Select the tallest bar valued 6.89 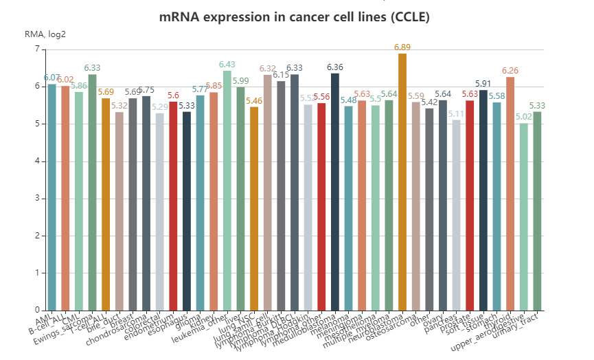point(402,182)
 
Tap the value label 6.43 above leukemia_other point(227,65)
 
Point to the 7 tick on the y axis point(36,49)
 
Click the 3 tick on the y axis point(36,199)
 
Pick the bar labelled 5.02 point(524,216)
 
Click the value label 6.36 point(335,67)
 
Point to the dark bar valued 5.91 point(483,200)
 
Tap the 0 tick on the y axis point(36,311)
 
